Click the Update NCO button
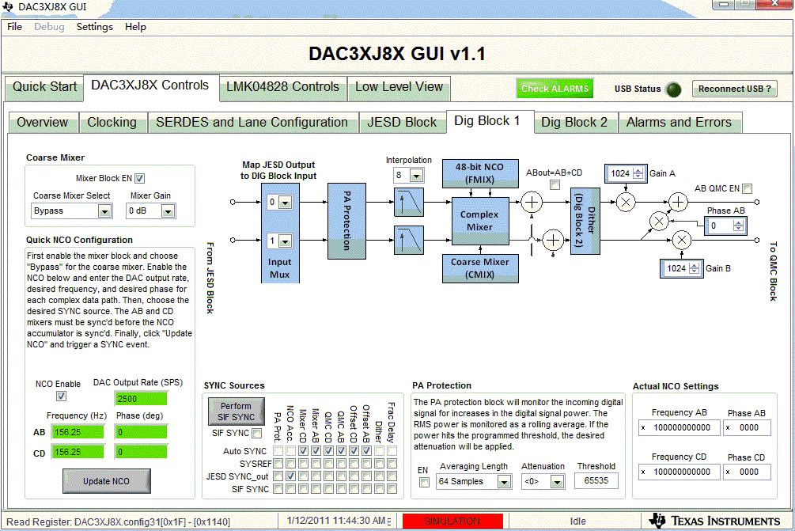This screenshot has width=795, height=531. [107, 481]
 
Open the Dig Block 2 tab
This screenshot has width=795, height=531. [574, 122]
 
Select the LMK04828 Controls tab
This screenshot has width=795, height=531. [282, 87]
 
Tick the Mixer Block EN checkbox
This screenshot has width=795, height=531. [139, 179]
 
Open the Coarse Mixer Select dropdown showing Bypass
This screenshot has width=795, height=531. [71, 211]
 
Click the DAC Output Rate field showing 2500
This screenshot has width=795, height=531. [141, 399]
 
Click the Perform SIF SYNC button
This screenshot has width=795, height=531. [237, 412]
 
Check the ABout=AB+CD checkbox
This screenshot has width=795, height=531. [555, 184]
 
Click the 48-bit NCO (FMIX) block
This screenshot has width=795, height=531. [479, 173]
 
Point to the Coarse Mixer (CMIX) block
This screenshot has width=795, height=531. [479, 268]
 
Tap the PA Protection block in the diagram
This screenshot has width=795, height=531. [346, 221]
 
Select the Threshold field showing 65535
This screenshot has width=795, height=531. [596, 480]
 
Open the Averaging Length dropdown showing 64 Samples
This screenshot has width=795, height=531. [474, 481]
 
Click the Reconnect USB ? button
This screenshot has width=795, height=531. [734, 89]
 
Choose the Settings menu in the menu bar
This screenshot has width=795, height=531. [95, 27]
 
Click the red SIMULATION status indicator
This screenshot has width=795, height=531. [452, 521]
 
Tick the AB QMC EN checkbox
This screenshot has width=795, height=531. [747, 188]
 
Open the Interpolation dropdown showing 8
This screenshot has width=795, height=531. [409, 176]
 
